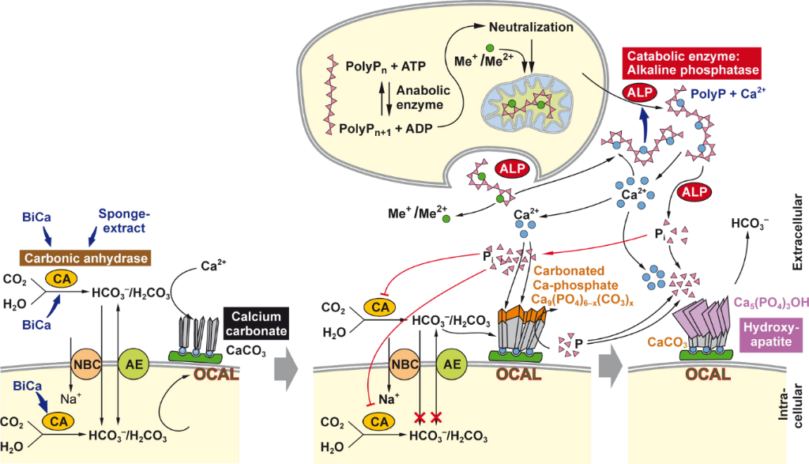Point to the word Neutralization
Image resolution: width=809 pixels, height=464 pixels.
(x=534, y=27)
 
